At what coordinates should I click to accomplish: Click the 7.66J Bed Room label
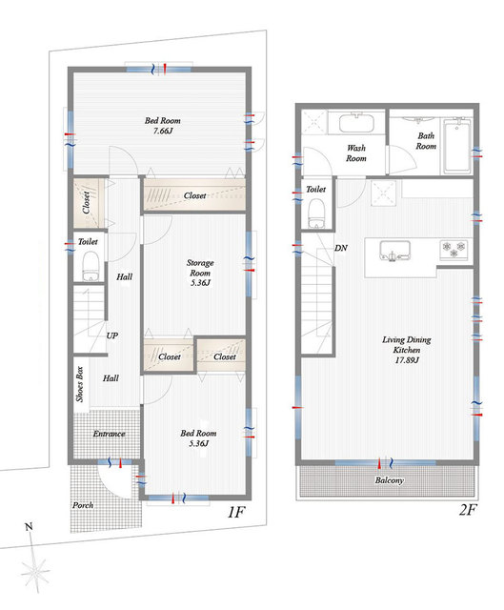coord(163,125)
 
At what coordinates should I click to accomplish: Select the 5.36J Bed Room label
coord(198,438)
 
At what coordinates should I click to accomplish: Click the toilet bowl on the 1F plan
coord(91,267)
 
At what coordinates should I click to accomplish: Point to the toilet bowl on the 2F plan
coord(316,213)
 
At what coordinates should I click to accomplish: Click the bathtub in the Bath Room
coord(456,146)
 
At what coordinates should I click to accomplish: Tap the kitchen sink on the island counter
coord(394,251)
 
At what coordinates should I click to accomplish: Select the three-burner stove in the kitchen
coord(454,250)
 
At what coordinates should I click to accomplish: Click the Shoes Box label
coord(80,384)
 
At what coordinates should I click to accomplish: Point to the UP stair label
coord(112,335)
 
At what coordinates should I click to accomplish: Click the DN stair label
coord(341,248)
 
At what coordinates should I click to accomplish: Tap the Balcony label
coord(390,480)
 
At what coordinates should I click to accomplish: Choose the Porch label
coord(83,505)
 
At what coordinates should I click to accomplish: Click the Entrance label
coord(109,434)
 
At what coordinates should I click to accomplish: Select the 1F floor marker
coord(235,513)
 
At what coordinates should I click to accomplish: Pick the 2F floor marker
coord(467,510)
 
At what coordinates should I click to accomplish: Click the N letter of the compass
coord(29,527)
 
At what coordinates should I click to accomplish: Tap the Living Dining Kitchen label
coord(407,350)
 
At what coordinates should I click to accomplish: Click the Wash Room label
coord(356,152)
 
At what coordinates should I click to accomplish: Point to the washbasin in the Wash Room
coord(356,123)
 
